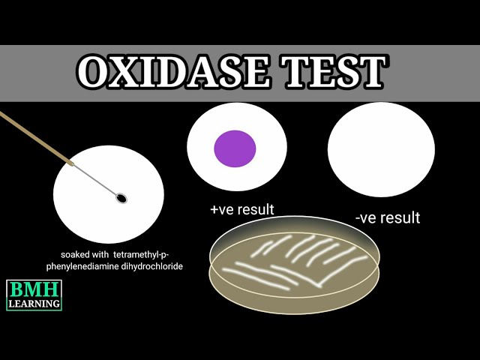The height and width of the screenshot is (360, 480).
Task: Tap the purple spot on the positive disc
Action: (x=235, y=148)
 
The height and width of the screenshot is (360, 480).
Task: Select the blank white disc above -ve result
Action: (x=381, y=149)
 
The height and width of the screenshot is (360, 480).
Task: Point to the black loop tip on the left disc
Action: (x=121, y=198)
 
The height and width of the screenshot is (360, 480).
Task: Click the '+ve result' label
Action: (x=242, y=209)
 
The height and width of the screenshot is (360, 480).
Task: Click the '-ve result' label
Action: (x=387, y=218)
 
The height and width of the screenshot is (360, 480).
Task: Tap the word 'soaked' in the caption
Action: (x=77, y=254)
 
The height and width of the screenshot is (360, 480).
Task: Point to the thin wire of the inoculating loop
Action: (x=95, y=179)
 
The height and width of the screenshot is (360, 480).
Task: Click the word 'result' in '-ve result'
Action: (x=400, y=218)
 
